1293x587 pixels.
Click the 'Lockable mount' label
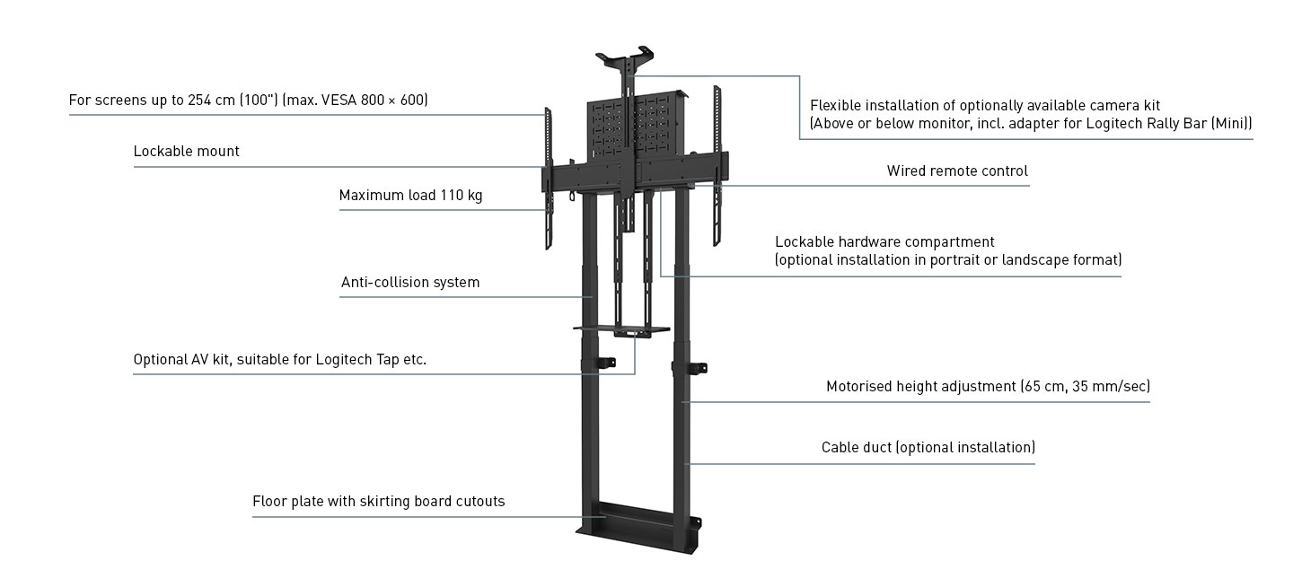(186, 152)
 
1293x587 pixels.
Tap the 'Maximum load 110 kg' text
(410, 196)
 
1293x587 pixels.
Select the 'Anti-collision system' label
(409, 283)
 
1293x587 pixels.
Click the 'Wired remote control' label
(957, 171)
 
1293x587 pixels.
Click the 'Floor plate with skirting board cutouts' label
(378, 502)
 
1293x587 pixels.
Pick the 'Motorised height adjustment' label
(921, 387)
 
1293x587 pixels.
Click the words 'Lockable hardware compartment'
(884, 242)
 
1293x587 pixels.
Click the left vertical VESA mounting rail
(547, 180)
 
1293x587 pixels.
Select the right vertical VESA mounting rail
(717, 166)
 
